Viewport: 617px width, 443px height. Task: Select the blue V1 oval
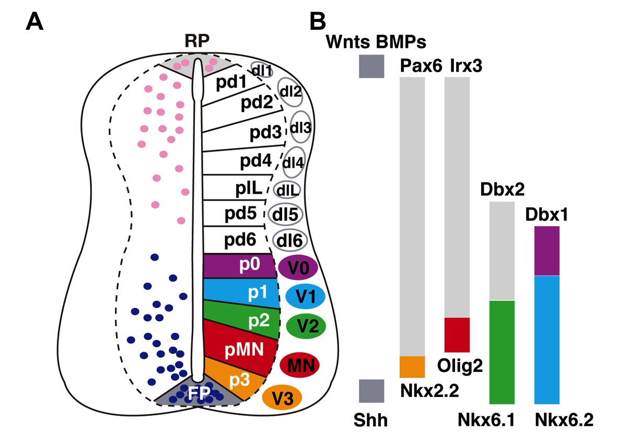pos(305,297)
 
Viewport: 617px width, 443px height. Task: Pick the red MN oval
pos(299,365)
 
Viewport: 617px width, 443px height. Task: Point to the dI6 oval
pos(289,241)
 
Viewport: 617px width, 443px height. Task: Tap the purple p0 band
pos(238,266)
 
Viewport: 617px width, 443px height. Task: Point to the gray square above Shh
pos(371,391)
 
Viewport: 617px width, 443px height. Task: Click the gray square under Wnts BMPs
pos(371,66)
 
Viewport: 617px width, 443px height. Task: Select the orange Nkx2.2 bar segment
pos(412,366)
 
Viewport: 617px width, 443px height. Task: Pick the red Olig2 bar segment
pos(457,334)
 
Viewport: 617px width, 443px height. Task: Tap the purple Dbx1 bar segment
pos(547,251)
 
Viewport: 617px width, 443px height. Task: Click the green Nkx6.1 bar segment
pos(502,352)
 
